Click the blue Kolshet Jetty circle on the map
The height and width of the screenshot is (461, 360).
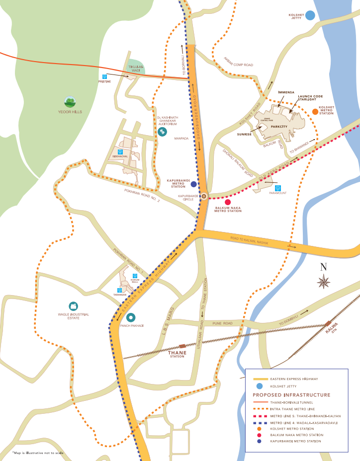point(310,15)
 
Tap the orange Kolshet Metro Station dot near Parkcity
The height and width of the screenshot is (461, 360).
point(315,112)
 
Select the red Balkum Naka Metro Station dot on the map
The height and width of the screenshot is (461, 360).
point(228,202)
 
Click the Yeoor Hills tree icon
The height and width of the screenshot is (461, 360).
point(70,102)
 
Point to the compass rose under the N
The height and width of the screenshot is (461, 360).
point(324,283)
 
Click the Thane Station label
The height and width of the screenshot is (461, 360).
point(177,354)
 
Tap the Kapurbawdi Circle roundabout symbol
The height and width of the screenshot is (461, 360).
point(203,196)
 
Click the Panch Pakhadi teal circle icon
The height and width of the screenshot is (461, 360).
point(131,317)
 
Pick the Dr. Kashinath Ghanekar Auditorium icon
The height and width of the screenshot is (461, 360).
point(162,133)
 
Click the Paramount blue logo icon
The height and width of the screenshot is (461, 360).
point(278,188)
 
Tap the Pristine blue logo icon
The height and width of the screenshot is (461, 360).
point(104,77)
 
